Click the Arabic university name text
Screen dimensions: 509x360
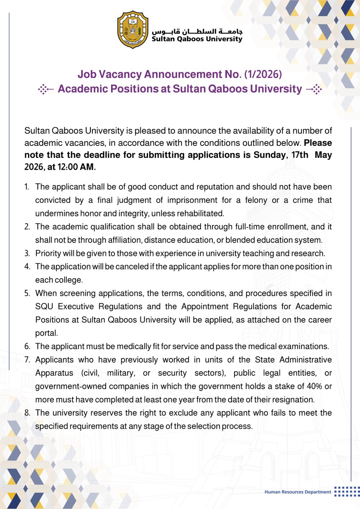(x=197, y=31)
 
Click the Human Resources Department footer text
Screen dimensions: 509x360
(x=297, y=492)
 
